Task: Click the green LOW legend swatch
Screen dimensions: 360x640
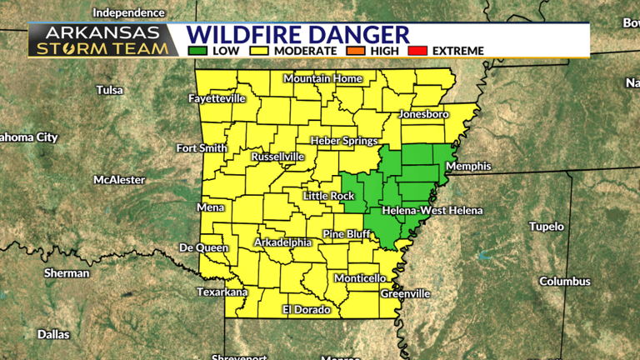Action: (198, 51)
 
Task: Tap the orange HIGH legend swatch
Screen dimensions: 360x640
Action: (357, 51)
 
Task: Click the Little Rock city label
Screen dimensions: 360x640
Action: (329, 196)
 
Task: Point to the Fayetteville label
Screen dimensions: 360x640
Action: (217, 98)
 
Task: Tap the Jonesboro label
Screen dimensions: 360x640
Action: (424, 113)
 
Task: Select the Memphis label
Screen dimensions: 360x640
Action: (468, 167)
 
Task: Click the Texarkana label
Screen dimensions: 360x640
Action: (222, 292)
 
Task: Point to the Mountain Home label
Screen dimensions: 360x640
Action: (322, 79)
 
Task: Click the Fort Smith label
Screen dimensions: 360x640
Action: (201, 148)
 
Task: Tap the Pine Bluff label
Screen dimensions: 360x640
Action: (347, 234)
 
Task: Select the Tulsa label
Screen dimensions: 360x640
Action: (109, 90)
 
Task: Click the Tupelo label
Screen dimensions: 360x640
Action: (547, 227)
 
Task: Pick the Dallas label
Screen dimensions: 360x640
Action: (53, 334)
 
